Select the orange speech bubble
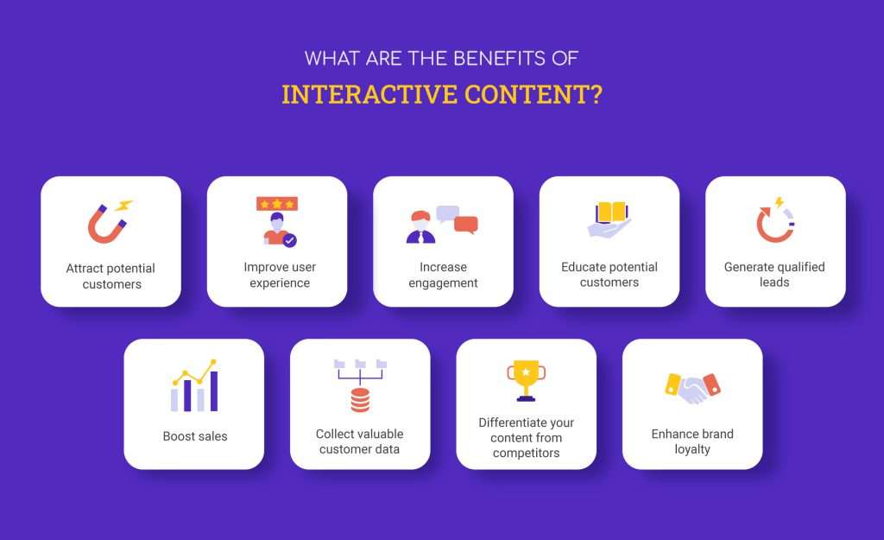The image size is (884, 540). [x=466, y=226]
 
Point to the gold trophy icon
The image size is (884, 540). [x=525, y=379]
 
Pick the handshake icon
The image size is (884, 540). [x=692, y=390]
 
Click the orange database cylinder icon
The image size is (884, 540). [x=360, y=401]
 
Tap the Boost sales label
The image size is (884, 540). [x=194, y=436]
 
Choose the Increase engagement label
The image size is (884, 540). [x=443, y=275]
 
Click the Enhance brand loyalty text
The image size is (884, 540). [x=692, y=442]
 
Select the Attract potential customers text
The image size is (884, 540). [x=110, y=276]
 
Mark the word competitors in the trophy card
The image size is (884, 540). [x=526, y=454]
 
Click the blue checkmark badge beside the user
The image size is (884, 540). [x=290, y=241]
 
